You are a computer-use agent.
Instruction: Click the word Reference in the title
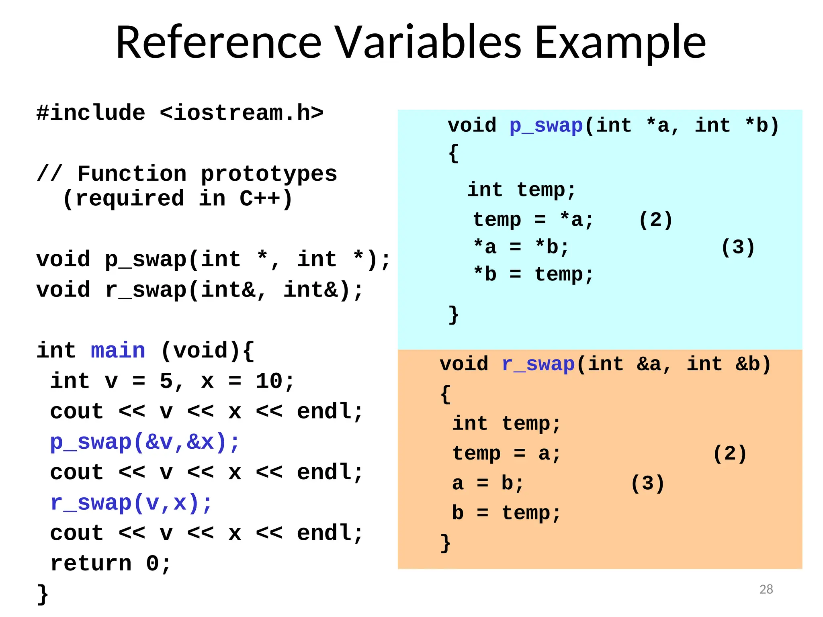click(219, 43)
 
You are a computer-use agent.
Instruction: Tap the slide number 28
click(766, 589)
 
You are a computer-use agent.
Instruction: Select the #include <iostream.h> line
click(180, 113)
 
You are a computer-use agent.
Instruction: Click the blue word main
click(118, 350)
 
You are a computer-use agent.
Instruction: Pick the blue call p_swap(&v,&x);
click(145, 442)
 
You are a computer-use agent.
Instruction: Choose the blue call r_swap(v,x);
click(131, 503)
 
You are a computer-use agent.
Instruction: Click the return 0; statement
click(111, 563)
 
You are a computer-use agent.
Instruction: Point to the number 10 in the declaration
click(269, 381)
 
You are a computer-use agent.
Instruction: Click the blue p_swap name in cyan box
click(546, 125)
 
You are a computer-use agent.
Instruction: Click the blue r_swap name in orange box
click(538, 364)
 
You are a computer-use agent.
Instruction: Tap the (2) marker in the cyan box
click(655, 220)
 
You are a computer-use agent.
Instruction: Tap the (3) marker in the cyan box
click(738, 247)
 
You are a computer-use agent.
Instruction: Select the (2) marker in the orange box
click(729, 454)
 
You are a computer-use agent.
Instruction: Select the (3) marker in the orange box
click(647, 483)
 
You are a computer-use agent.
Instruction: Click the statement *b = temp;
click(533, 274)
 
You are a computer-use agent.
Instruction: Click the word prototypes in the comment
click(268, 174)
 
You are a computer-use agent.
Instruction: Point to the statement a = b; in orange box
click(488, 483)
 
